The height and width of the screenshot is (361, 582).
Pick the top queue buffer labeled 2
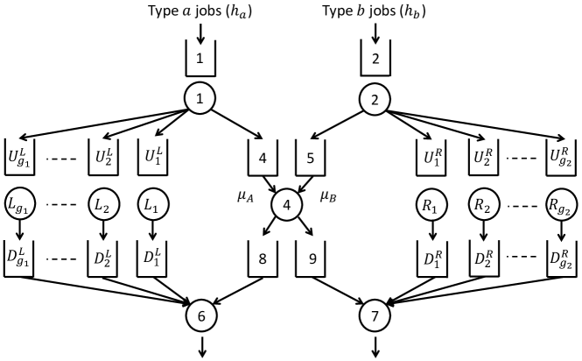point(375,59)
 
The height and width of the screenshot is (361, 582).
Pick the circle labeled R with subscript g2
point(557,207)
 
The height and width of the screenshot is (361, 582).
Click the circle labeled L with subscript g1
point(20,207)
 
